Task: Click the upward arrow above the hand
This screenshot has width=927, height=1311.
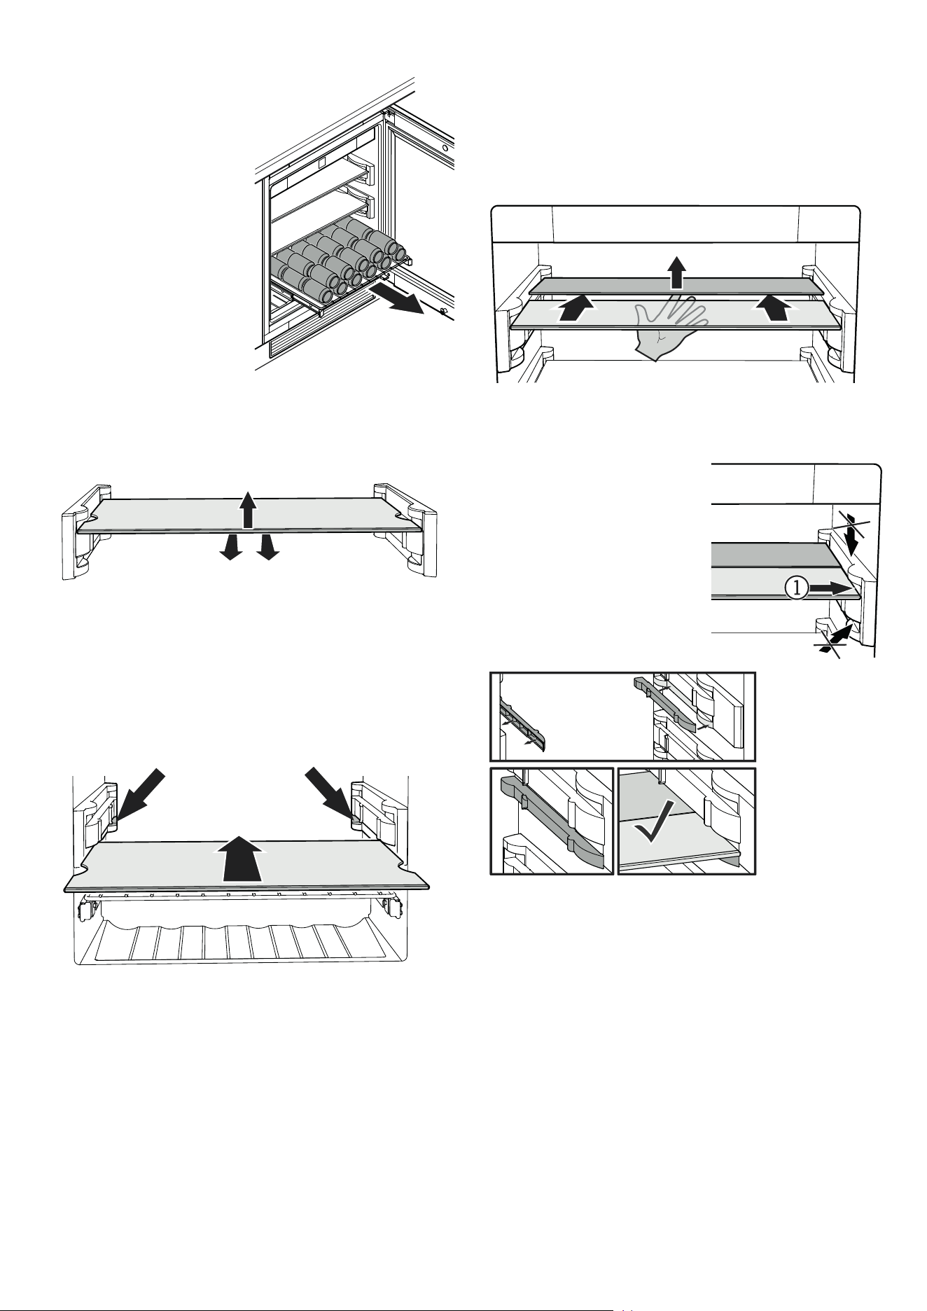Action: [x=676, y=272]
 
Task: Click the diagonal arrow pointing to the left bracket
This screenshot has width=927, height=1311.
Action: [x=139, y=796]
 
